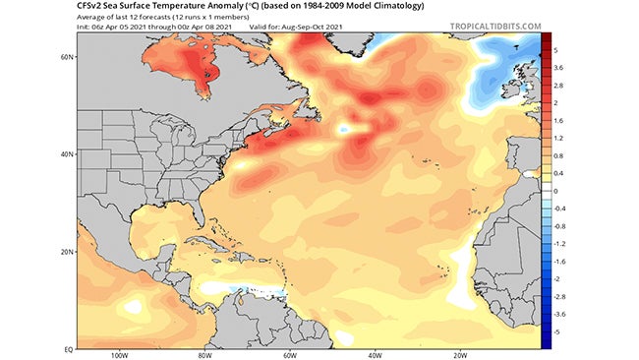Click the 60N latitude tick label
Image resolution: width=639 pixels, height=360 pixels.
tap(66, 57)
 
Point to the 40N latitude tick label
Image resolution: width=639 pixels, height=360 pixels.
tap(66, 153)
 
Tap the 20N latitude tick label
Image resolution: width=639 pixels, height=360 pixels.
tap(66, 251)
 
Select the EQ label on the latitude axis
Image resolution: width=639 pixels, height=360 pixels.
tap(67, 347)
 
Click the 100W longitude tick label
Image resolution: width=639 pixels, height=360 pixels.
tap(123, 355)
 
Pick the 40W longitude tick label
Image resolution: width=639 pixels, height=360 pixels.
tap(375, 355)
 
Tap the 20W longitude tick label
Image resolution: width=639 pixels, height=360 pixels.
tap(458, 355)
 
